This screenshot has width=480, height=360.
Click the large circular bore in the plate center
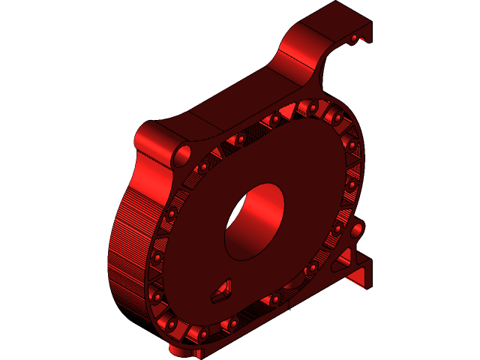(x=255, y=221)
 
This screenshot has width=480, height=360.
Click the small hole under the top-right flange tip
(x=355, y=37)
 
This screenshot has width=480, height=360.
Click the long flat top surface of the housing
(x=225, y=105)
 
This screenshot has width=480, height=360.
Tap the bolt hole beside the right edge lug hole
(x=338, y=227)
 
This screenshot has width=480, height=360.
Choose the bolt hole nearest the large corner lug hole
(x=203, y=166)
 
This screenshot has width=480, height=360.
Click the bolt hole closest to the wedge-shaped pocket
(x=232, y=323)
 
